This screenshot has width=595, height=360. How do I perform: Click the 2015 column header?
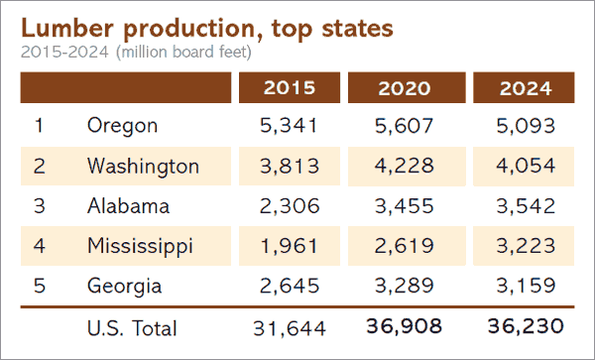(x=290, y=87)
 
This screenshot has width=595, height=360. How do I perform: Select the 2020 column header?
(x=405, y=87)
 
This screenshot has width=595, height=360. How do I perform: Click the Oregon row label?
(x=123, y=125)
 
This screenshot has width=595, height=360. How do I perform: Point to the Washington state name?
(x=143, y=166)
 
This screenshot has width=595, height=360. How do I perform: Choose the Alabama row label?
(x=128, y=205)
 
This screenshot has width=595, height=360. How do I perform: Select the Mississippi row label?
(x=139, y=245)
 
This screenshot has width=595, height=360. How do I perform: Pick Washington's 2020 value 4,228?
(x=405, y=166)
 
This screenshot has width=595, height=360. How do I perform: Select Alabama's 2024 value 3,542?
(x=521, y=205)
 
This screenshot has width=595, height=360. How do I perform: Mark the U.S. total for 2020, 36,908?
(x=405, y=326)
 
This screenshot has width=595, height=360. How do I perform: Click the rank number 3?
(x=39, y=205)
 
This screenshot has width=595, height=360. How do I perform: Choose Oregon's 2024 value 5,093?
(x=521, y=125)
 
